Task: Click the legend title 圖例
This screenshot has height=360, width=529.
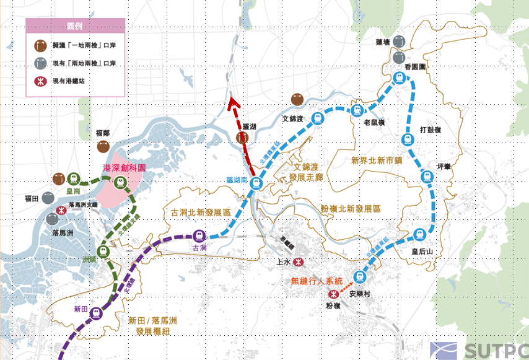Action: pos(75,27)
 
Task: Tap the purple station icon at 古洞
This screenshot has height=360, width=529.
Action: pos(199,235)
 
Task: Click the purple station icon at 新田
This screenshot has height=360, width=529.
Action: pos(96,313)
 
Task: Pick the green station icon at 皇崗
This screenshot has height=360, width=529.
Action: pos(74,178)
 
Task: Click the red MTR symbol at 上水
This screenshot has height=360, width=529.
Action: pos(299,262)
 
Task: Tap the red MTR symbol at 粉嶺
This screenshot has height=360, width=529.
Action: pos(334,294)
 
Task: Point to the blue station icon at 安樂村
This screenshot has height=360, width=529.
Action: pos(358,276)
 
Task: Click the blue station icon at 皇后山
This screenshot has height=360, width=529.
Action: pos(419,234)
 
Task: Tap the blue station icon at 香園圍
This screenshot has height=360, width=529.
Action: pos(400,77)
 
